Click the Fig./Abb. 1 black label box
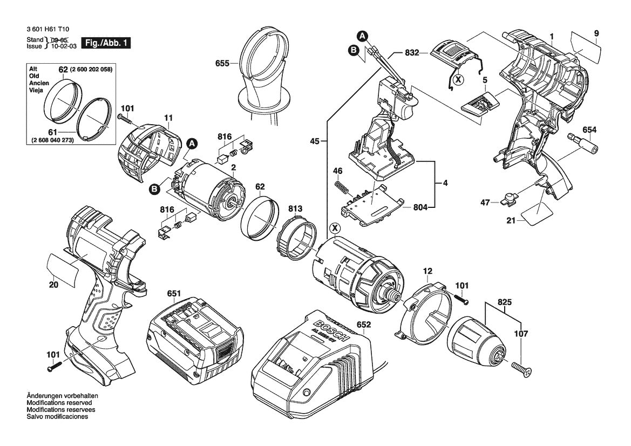pos(106,43)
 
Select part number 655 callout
pos(222,63)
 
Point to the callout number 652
pos(364,325)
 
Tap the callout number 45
pos(315,141)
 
